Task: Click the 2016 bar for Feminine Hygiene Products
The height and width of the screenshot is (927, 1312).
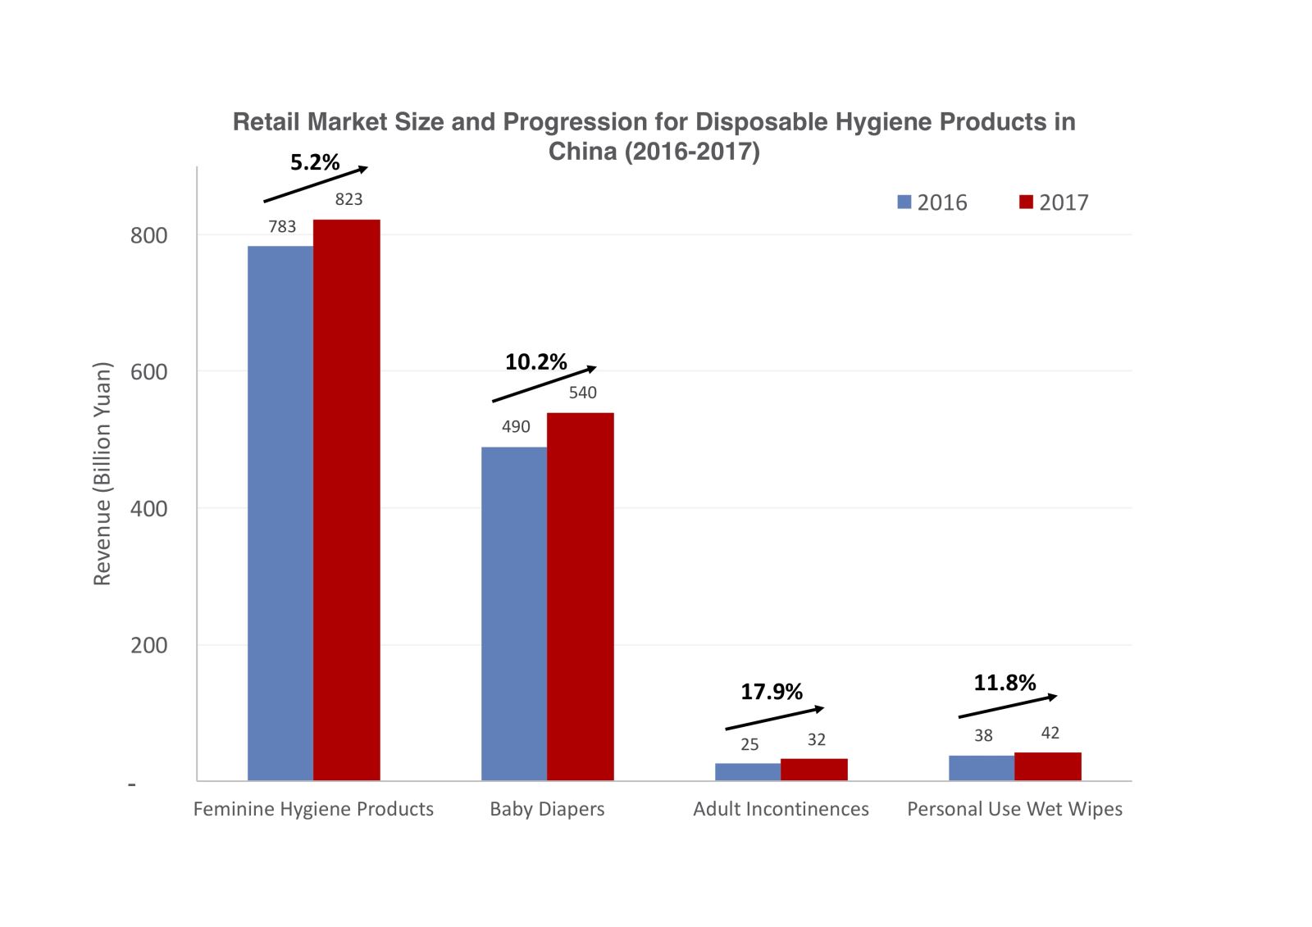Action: (280, 512)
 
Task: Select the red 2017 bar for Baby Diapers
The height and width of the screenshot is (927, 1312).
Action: (580, 596)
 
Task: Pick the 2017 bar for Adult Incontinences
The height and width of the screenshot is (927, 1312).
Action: (813, 770)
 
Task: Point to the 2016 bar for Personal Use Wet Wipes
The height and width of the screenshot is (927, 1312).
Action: (982, 768)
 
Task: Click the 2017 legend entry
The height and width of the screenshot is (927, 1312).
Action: (1054, 202)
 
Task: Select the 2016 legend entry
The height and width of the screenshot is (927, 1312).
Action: (932, 202)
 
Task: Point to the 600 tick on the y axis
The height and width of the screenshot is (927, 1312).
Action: (148, 372)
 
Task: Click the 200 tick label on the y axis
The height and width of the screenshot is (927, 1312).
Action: (148, 646)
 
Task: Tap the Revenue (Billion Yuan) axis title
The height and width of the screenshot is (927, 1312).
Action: (102, 474)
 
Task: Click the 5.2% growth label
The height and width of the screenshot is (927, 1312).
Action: (315, 162)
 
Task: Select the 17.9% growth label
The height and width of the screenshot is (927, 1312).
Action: (772, 692)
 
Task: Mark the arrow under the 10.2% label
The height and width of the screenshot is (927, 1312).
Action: (544, 384)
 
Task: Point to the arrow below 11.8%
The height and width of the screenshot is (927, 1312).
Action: (1007, 707)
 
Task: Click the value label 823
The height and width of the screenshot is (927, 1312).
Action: (348, 199)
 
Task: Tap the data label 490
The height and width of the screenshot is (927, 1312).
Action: (516, 426)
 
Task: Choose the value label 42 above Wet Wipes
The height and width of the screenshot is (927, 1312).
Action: (1050, 733)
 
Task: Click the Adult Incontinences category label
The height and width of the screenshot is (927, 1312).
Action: (781, 809)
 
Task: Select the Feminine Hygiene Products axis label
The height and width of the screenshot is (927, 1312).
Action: (313, 809)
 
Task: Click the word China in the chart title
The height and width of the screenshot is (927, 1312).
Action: (582, 152)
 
